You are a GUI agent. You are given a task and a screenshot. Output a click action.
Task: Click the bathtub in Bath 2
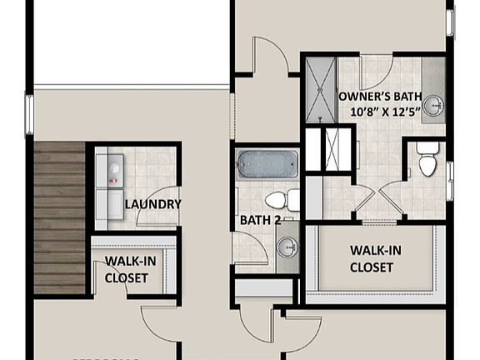point(267,164)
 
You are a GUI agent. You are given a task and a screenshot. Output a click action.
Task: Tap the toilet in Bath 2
point(278,200)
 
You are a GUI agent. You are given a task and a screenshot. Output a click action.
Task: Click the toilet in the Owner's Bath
point(427,160)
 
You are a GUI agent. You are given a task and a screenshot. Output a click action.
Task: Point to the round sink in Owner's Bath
point(432,106)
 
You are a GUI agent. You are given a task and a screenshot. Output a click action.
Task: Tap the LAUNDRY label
point(152,204)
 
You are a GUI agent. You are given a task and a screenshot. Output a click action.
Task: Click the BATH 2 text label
point(257,221)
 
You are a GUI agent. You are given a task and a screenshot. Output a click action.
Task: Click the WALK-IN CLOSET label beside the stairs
point(127,268)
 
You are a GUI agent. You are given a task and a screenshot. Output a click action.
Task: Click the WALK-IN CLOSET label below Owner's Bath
point(372,258)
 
